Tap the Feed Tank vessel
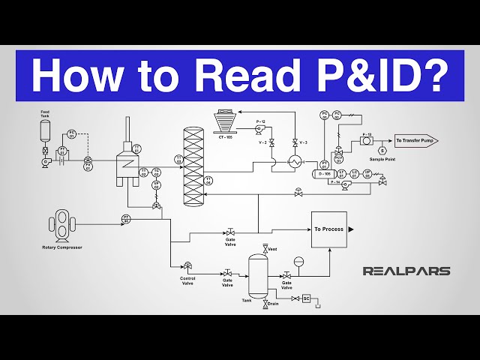coord(46,131)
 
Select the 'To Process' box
coord(328,229)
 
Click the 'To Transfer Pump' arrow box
coord(416,140)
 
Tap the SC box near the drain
coord(305,298)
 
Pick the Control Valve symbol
coord(187,265)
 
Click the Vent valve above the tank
coord(265,248)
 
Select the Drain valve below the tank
coord(265,304)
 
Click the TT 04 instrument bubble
coord(208,180)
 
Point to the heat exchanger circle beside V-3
coord(295,161)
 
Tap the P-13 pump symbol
coord(366,140)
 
